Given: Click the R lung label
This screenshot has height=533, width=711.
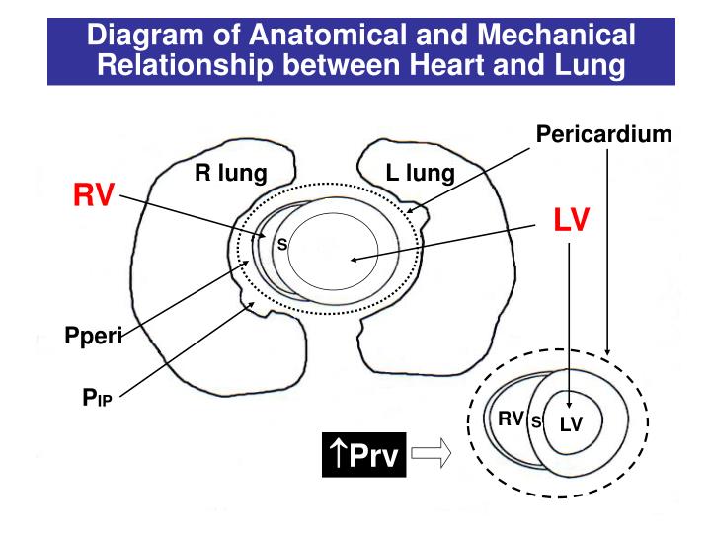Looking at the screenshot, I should pos(230,175).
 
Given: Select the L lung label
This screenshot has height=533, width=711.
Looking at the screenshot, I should pos(421,175).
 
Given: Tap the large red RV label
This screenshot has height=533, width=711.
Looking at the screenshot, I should pos(96,195).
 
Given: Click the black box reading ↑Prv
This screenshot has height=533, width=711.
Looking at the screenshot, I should pos(365,455).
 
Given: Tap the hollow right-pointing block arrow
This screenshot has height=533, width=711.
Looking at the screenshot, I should pos(432,455).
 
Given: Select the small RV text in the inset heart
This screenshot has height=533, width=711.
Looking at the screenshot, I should pos(511,419).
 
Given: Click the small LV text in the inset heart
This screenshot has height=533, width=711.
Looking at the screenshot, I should pos(572,424).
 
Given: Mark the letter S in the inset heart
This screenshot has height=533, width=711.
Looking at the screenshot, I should pos(536,422).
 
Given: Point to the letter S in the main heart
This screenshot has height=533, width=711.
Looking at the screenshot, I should pos(280,245).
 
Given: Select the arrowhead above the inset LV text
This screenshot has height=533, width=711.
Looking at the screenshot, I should pos(571,395).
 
